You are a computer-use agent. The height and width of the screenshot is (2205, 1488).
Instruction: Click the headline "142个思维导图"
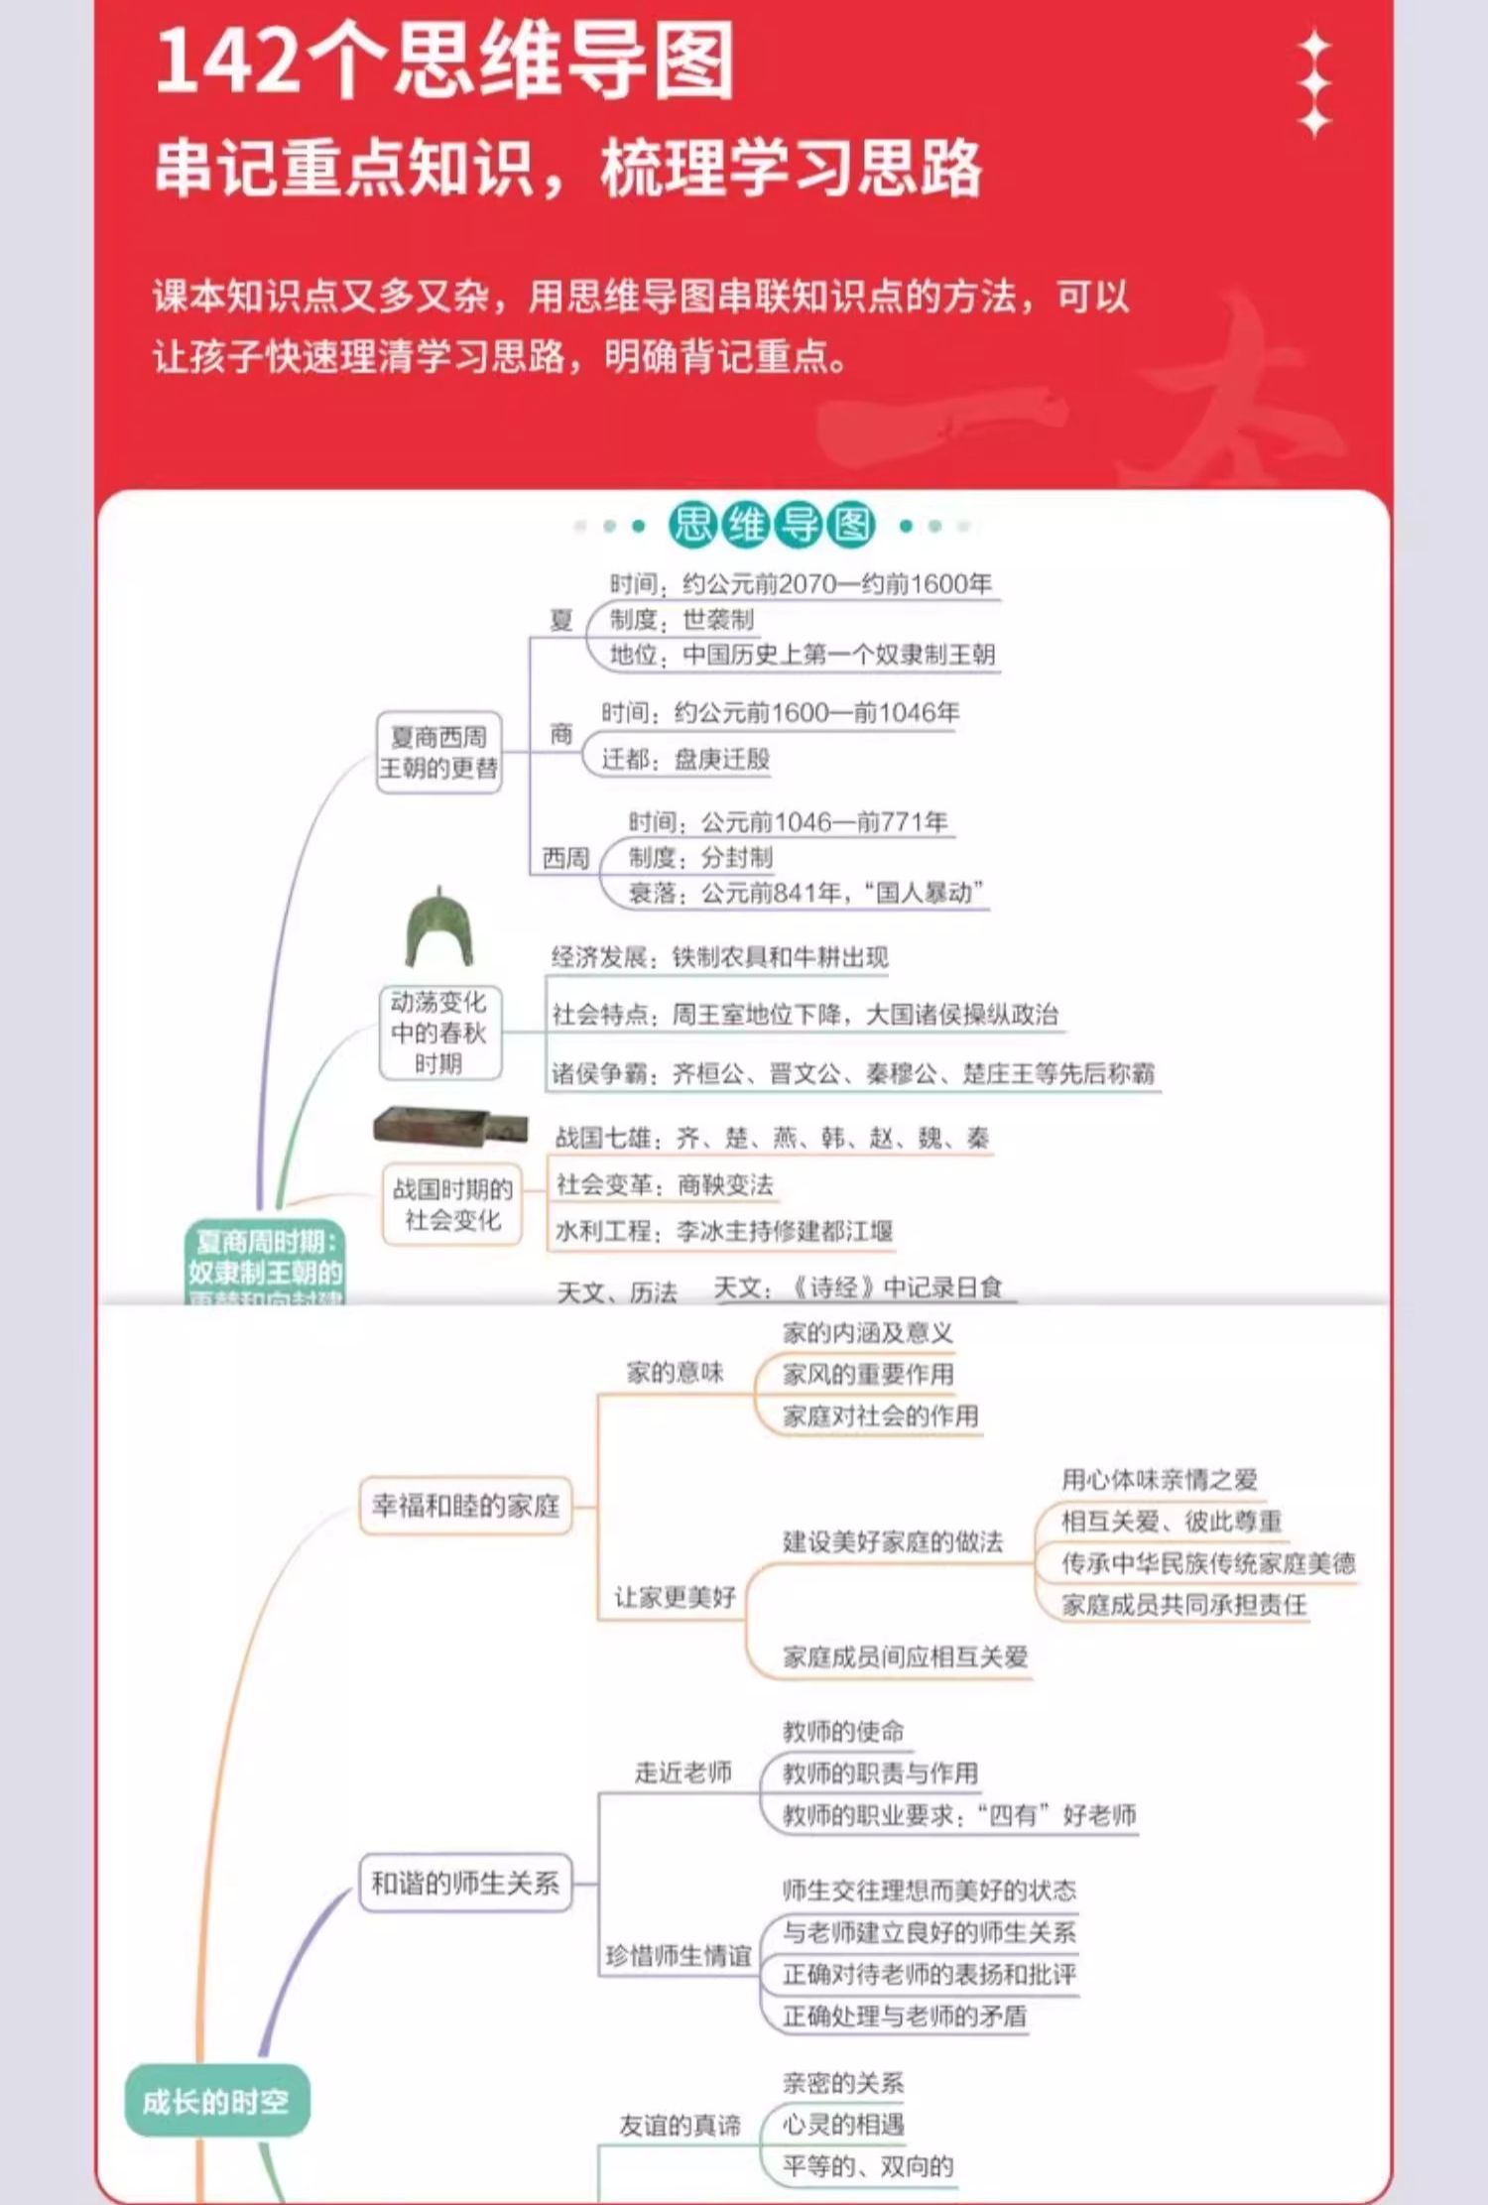pyautogui.click(x=444, y=61)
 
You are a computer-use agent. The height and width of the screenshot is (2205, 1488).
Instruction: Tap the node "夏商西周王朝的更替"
pyautogui.click(x=438, y=752)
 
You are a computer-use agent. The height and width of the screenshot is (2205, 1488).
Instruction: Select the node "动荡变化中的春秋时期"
pyautogui.click(x=438, y=1033)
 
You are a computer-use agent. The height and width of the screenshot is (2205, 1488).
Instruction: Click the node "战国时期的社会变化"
pyautogui.click(x=452, y=1204)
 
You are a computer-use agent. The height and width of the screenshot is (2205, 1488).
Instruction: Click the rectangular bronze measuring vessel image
pyautogui.click(x=448, y=1126)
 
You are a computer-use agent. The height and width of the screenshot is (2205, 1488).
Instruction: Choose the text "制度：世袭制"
pyautogui.click(x=682, y=620)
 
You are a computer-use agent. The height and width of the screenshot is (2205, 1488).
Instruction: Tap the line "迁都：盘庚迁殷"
pyautogui.click(x=685, y=759)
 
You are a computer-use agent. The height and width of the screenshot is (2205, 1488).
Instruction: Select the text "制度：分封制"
pyautogui.click(x=700, y=857)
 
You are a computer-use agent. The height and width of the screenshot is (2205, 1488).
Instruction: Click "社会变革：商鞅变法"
pyautogui.click(x=665, y=1184)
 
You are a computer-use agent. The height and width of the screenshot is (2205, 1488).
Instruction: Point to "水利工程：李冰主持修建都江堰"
pyautogui.click(x=724, y=1231)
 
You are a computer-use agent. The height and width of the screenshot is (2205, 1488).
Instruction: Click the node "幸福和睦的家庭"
pyautogui.click(x=465, y=1506)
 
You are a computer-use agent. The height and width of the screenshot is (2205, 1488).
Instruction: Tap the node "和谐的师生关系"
pyautogui.click(x=465, y=1883)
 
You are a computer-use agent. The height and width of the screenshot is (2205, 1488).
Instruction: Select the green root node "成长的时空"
pyautogui.click(x=216, y=2101)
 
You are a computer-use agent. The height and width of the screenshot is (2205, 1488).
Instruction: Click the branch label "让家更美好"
pyautogui.click(x=675, y=1597)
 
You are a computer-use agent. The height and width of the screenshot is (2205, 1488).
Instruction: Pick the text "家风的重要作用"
pyautogui.click(x=868, y=1374)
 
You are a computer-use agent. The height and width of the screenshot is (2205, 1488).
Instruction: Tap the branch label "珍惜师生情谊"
pyautogui.click(x=679, y=1956)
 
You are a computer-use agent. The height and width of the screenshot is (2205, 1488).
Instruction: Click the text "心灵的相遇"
pyautogui.click(x=843, y=2125)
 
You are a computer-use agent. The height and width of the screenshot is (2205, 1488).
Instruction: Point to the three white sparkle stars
pyautogui.click(x=1314, y=83)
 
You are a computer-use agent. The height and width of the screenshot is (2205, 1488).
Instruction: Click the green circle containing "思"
pyautogui.click(x=692, y=525)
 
